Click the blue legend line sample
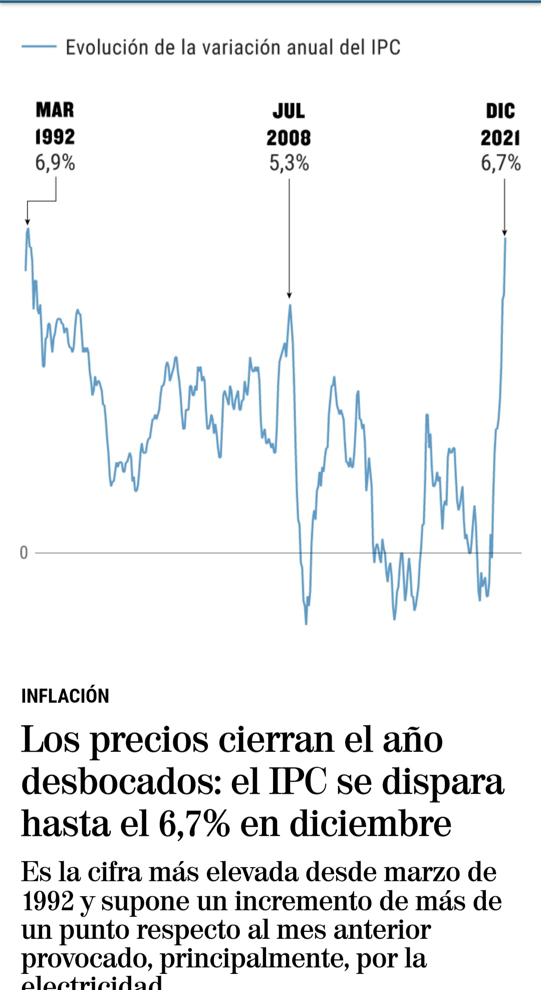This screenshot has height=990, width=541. (39, 47)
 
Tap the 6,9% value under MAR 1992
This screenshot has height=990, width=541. (55, 163)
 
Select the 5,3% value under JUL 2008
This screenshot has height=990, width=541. (289, 163)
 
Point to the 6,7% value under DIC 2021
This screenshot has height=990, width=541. (500, 163)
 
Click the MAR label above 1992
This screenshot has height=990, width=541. (55, 110)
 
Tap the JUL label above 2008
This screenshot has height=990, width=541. (289, 111)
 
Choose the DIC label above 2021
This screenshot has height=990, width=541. (500, 111)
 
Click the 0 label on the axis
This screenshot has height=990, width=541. (24, 553)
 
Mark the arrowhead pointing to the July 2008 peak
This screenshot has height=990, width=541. (289, 295)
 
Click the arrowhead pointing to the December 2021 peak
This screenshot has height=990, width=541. (504, 233)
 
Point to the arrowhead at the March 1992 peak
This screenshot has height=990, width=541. (28, 222)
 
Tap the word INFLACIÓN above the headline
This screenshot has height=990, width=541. (65, 696)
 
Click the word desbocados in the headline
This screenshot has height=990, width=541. (121, 782)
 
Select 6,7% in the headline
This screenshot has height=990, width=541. (194, 824)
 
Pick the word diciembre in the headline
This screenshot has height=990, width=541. (371, 824)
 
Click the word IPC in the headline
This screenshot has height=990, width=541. (298, 782)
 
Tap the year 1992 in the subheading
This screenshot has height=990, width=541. (48, 901)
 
